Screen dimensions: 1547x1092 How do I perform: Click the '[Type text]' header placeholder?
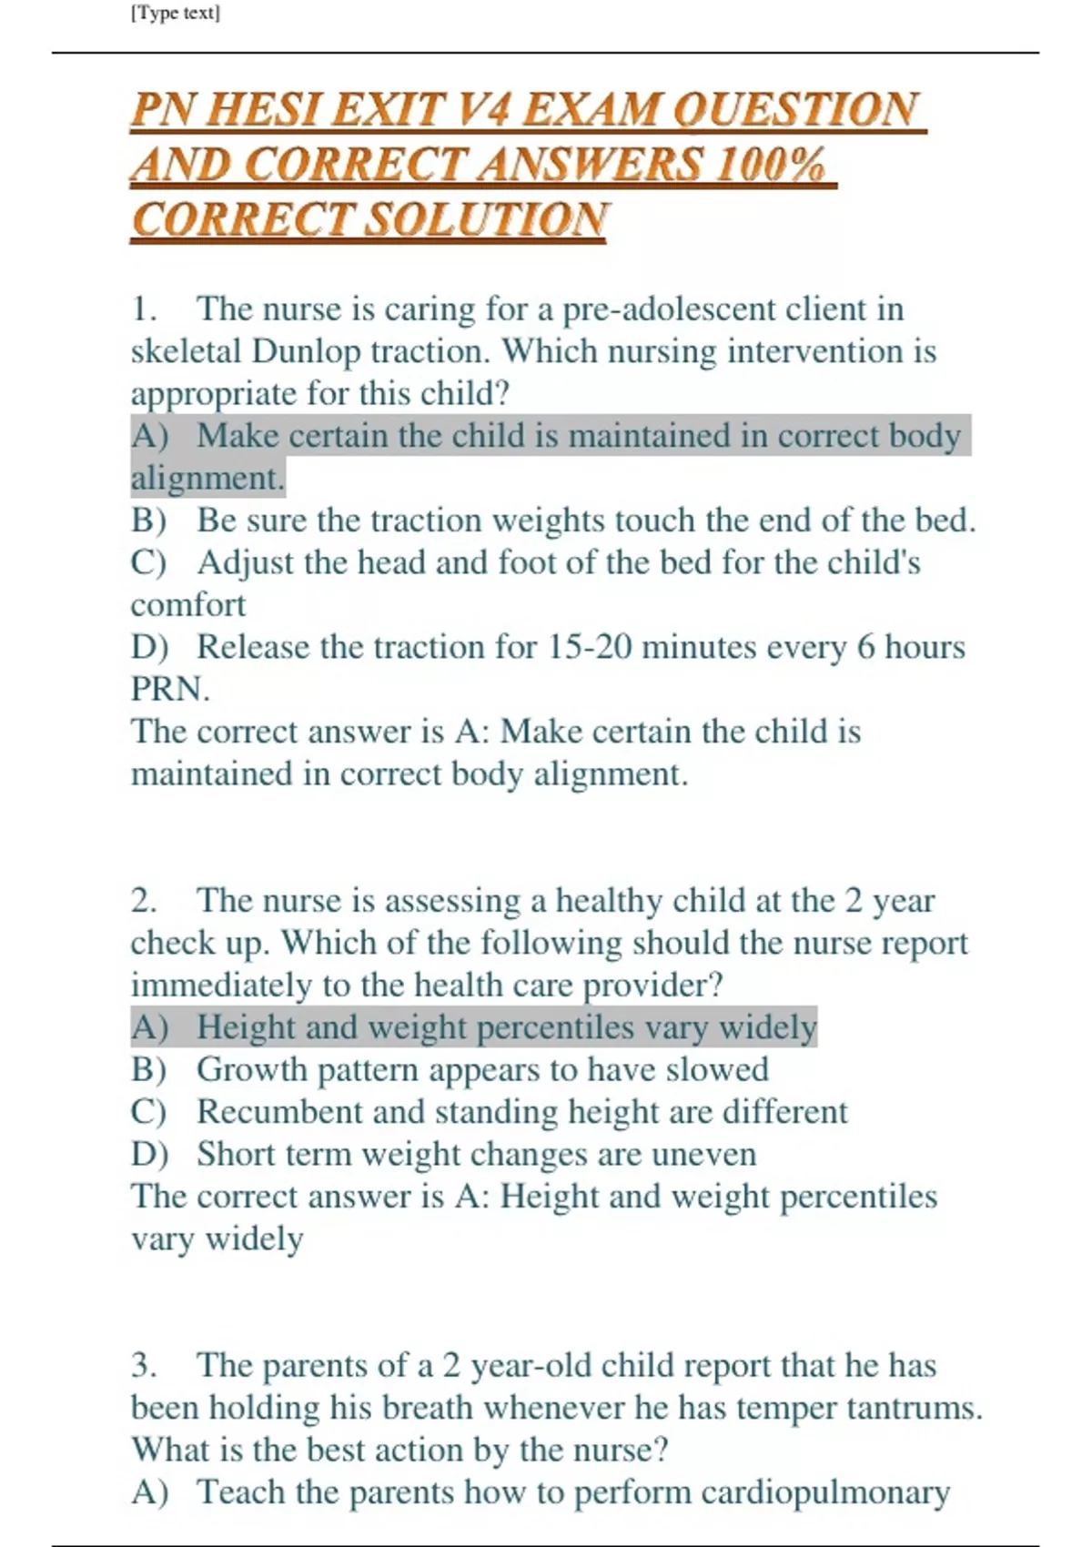click(x=176, y=14)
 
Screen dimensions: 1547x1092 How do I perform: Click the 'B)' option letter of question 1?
click(x=148, y=521)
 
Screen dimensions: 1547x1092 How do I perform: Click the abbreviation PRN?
click(x=170, y=689)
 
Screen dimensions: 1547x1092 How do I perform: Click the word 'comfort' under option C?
click(x=188, y=604)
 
